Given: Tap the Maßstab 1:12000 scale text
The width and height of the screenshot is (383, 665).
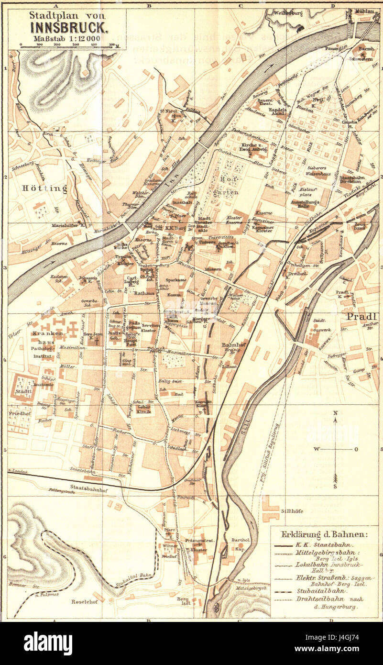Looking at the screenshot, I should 67,39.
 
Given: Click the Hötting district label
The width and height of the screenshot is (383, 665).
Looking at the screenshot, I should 44,188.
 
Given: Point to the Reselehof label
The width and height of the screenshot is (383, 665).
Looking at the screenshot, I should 85,601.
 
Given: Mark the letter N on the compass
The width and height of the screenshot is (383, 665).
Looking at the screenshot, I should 336,413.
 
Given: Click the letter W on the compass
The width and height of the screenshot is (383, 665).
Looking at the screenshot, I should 316,449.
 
